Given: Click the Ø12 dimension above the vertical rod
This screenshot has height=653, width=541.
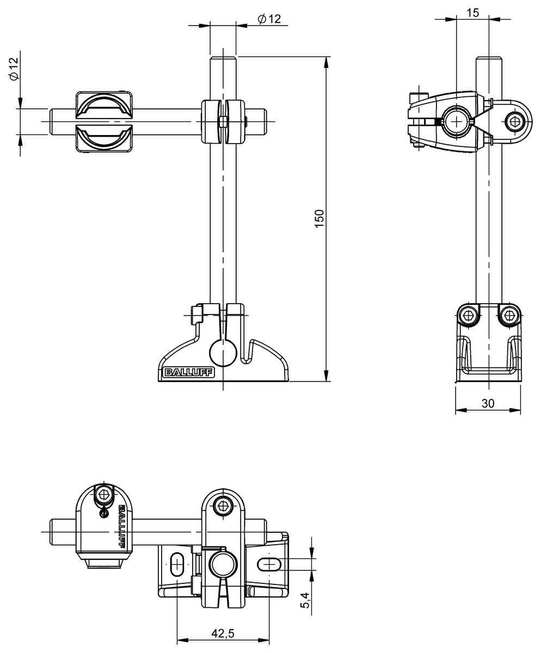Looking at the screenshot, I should pos(269,19).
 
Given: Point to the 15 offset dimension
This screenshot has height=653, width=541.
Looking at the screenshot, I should pos(473,13).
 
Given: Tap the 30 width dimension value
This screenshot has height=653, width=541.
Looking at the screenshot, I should pos(487,403).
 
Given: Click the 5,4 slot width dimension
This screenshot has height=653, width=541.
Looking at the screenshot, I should pos(305,600).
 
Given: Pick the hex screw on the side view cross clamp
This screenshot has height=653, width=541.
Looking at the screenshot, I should pos(514,121).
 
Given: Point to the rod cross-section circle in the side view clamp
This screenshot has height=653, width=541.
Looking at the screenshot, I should pos(456,121).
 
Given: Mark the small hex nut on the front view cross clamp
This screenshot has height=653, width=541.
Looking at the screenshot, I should pos(223,121).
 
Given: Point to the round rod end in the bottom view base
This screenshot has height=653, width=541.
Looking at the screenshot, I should pos(223,564).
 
